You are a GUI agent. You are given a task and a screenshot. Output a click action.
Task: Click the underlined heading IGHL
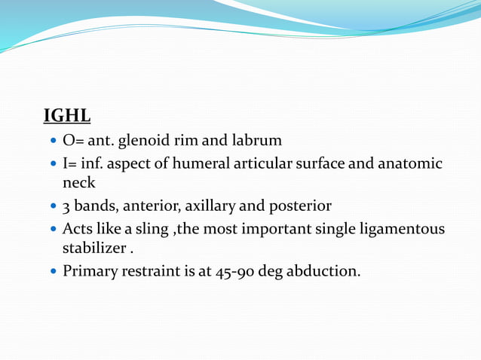[67, 116]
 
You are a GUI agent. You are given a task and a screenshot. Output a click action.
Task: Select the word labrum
[258, 140]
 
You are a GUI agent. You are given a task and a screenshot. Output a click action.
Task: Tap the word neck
[78, 183]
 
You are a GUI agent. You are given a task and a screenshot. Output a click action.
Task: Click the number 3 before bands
[67, 206]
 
